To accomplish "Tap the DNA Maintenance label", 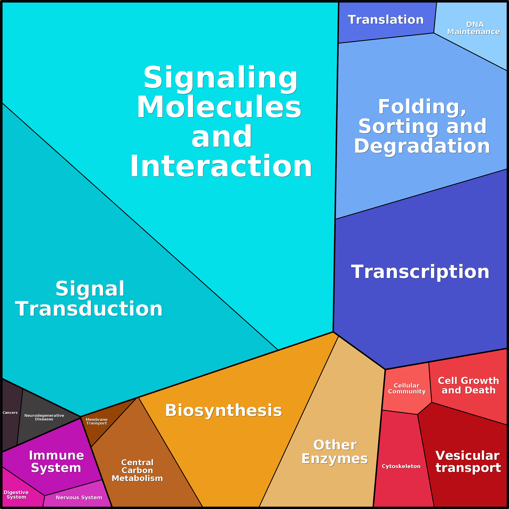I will (x=473, y=28).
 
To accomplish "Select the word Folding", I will (x=422, y=107).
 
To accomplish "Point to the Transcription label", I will (x=420, y=272).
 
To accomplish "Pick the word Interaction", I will (x=221, y=167).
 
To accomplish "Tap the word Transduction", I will (x=89, y=309).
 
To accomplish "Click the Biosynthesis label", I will (x=223, y=410).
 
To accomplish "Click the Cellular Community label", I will (x=407, y=388).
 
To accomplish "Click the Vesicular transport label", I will (x=468, y=461).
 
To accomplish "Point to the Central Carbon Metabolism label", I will (x=137, y=470).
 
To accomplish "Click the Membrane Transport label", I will (x=97, y=421).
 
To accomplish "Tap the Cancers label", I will (x=10, y=413).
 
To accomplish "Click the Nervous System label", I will (x=79, y=497).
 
